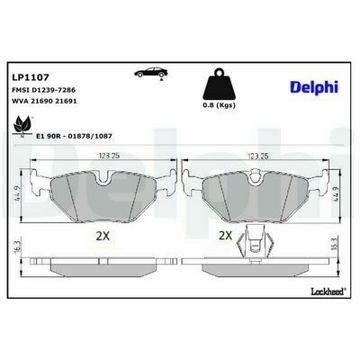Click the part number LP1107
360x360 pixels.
pyautogui.click(x=31, y=77)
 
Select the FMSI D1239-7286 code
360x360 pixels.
pyautogui.click(x=43, y=90)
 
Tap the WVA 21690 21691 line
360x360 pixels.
pyautogui.click(x=44, y=101)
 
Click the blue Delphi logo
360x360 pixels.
pyautogui.click(x=314, y=87)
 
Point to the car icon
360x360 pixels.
pyautogui.click(x=151, y=73)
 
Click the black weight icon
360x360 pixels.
pyautogui.click(x=219, y=85)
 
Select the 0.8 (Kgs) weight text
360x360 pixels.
pyautogui.click(x=219, y=105)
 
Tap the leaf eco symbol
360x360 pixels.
pyautogui.click(x=22, y=126)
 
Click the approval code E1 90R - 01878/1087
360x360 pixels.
pyautogui.click(x=74, y=136)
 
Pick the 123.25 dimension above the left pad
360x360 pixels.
pyautogui.click(x=109, y=156)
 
